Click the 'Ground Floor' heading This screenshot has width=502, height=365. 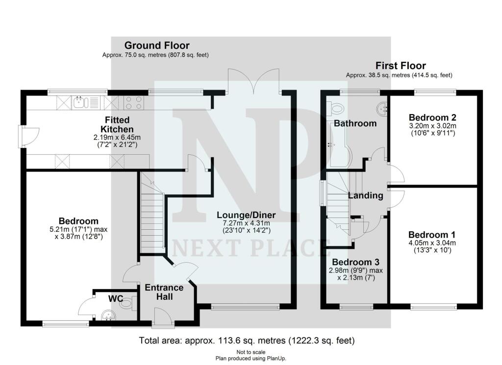(x=156, y=46)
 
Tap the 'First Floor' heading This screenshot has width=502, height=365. (x=401, y=66)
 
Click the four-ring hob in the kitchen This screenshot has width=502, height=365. (x=134, y=102)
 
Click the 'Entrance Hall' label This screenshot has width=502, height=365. (x=164, y=292)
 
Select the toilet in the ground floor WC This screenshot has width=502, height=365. (x=126, y=304)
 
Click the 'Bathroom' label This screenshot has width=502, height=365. (x=355, y=123)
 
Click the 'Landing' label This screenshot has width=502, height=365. (x=366, y=195)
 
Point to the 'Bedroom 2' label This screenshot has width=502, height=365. (x=433, y=118)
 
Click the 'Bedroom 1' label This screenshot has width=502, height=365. (x=432, y=234)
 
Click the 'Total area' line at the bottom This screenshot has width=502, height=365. (x=247, y=340)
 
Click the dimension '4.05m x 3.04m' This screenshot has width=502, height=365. (x=432, y=243)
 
